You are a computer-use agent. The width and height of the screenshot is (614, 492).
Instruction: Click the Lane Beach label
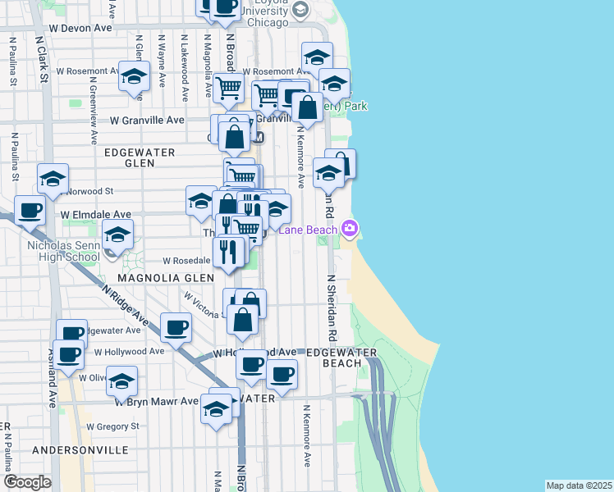click(x=307, y=230)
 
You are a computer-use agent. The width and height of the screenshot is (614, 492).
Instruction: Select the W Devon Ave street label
click(x=80, y=27)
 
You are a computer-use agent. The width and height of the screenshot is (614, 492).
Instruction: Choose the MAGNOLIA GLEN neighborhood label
click(x=166, y=278)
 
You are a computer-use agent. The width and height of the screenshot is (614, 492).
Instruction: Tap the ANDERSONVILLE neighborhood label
click(x=80, y=450)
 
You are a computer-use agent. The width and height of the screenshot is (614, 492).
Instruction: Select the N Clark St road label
click(x=39, y=60)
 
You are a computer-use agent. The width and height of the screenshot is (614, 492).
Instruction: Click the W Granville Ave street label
click(x=147, y=120)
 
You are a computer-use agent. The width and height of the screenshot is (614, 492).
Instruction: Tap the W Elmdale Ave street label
click(x=96, y=213)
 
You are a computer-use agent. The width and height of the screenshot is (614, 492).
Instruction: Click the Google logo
click(x=27, y=481)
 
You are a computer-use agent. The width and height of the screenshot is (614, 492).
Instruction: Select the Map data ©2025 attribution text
click(x=579, y=485)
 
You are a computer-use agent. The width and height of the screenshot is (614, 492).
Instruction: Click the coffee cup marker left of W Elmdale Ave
click(x=30, y=209)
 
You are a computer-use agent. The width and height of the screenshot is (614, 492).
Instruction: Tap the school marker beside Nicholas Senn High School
click(x=118, y=235)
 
